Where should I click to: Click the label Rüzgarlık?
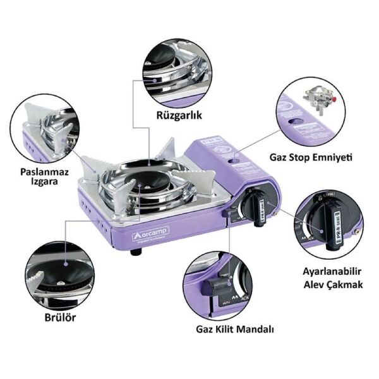point(176,116)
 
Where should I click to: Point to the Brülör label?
point(61,318)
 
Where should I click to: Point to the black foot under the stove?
point(135,251)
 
